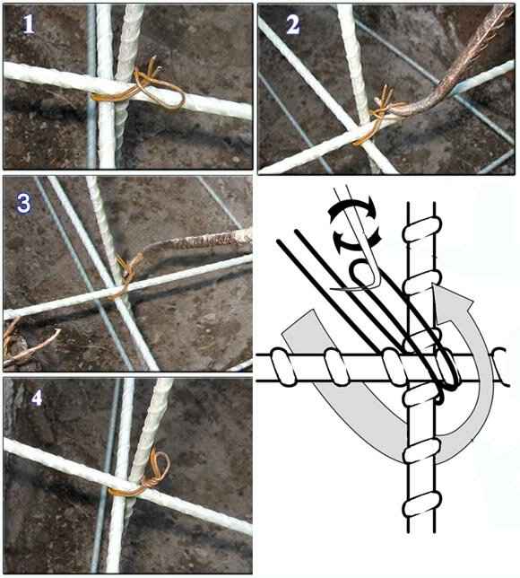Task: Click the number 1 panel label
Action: [29, 25]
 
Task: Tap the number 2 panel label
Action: [293, 25]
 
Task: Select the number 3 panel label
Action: [23, 204]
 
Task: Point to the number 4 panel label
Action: [37, 398]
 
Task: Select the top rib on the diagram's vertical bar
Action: [422, 229]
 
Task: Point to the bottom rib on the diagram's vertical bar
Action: [422, 504]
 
